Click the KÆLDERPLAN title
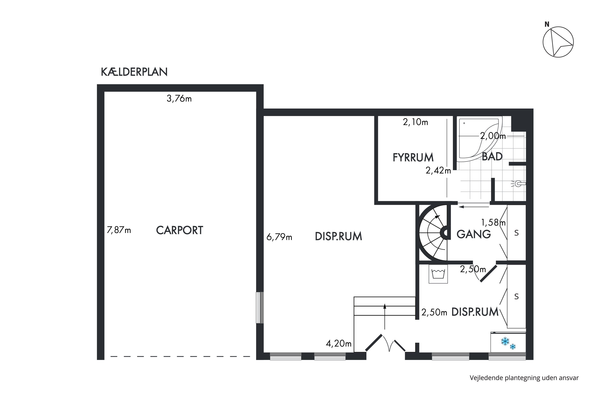134,72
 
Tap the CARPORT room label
179,230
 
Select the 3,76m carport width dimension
179,98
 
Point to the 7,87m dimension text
119,230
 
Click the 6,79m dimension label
279,237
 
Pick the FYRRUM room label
413,157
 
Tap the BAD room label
492,156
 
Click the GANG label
474,234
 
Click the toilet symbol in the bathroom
518,184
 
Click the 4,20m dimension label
338,344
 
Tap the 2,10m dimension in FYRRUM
415,122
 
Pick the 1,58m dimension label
493,223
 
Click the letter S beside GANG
516,233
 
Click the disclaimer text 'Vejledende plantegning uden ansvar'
524,378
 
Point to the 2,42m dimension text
438,170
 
